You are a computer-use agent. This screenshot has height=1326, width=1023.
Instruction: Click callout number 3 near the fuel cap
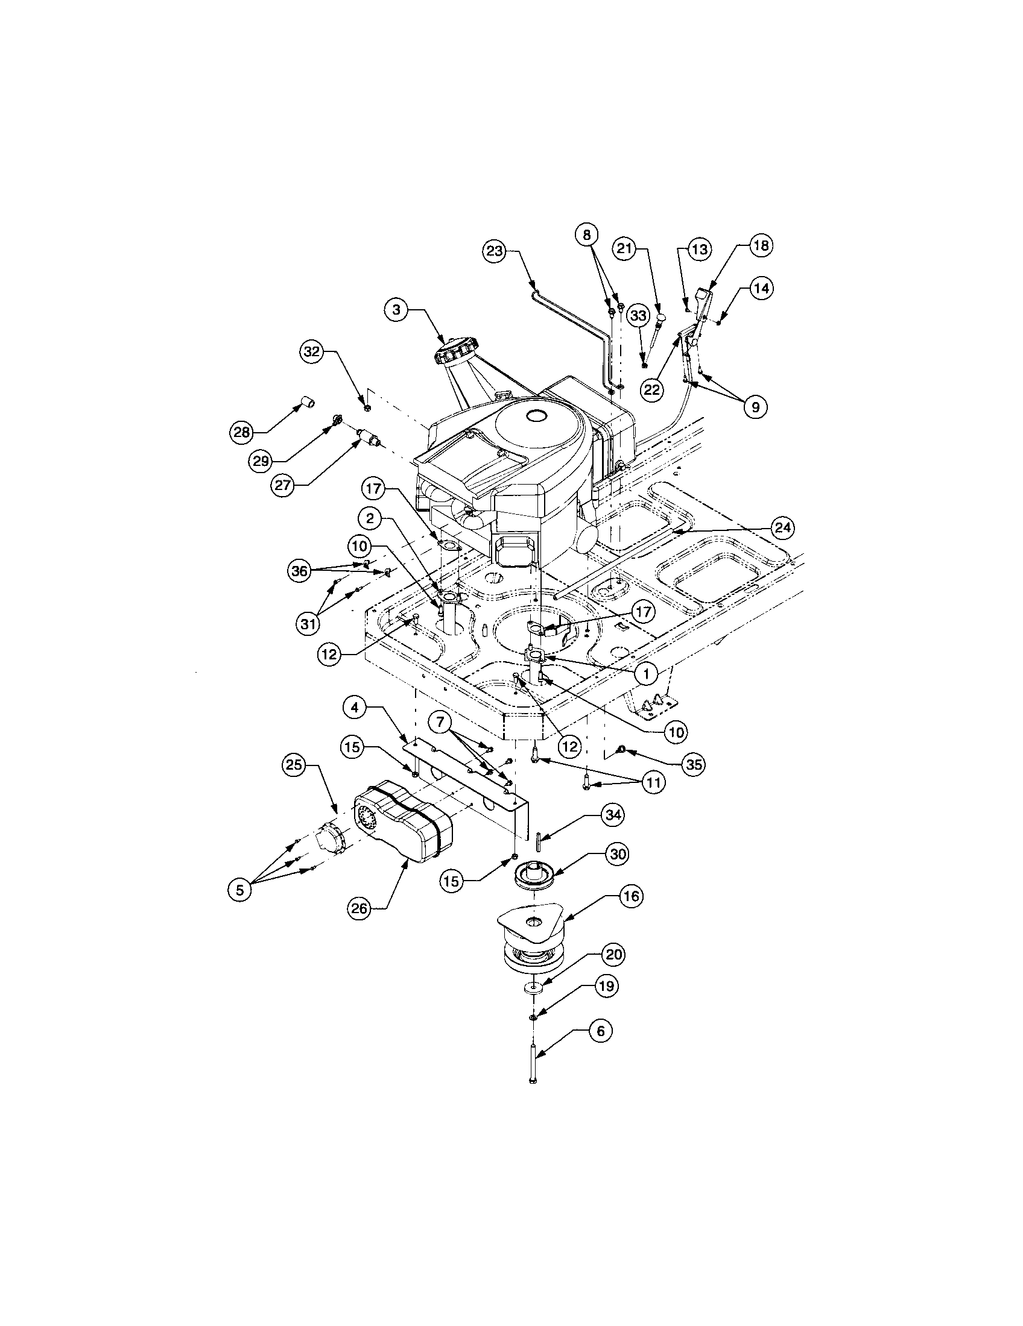[396, 310]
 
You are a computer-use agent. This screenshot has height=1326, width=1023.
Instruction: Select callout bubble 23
[495, 251]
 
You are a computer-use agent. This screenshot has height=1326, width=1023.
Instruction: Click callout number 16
[632, 896]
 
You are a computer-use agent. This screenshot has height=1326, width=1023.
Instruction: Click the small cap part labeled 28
[308, 402]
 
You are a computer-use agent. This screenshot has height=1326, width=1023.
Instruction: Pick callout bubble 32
[311, 351]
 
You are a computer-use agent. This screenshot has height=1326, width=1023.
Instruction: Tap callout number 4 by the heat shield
[354, 707]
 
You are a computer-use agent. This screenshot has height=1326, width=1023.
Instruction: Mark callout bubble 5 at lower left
[240, 890]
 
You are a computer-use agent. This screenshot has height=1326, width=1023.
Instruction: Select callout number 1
[647, 673]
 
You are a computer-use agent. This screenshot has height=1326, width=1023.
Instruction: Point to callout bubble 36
[299, 571]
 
